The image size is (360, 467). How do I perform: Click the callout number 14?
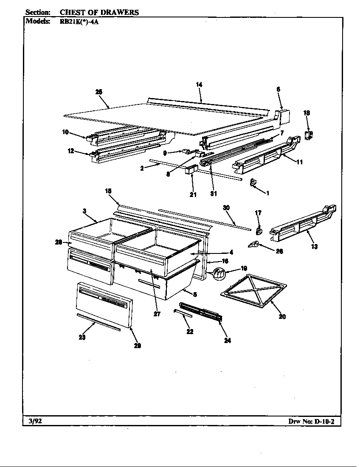(x=199, y=85)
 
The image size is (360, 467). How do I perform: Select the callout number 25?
(x=99, y=92)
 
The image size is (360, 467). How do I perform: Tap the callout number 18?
(x=307, y=113)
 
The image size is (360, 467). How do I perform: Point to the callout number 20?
(x=282, y=316)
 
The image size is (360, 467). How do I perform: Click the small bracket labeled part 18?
(x=309, y=135)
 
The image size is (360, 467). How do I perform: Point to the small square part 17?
(x=259, y=231)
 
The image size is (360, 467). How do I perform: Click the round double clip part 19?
(x=219, y=274)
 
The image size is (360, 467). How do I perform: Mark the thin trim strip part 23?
(x=98, y=322)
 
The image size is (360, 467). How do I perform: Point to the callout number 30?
(x=226, y=207)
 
